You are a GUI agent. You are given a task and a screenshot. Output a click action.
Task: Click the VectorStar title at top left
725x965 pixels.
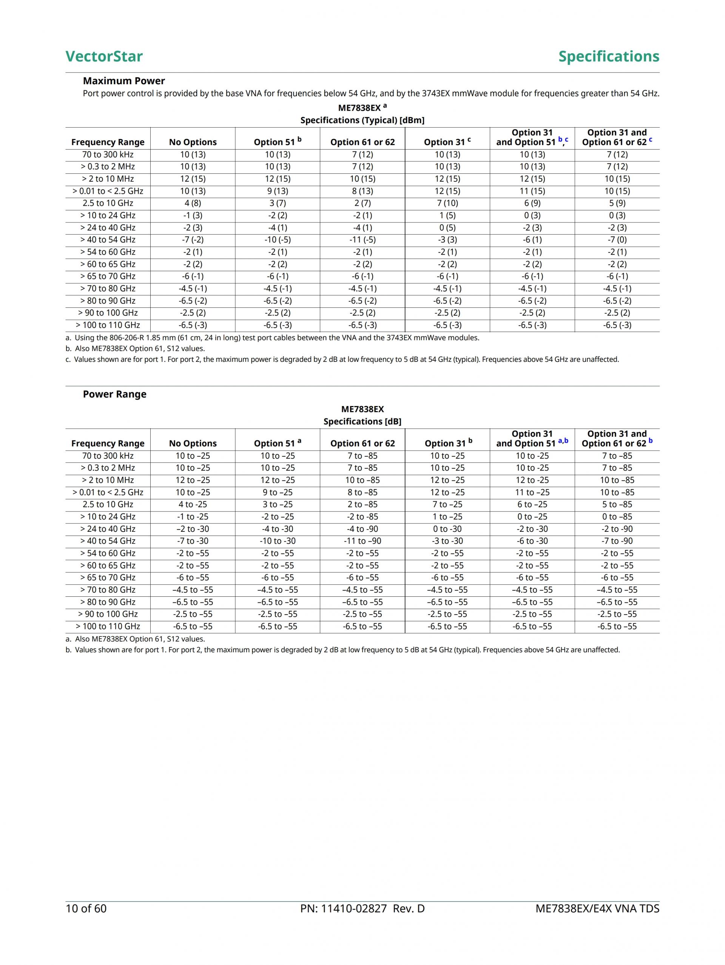104,56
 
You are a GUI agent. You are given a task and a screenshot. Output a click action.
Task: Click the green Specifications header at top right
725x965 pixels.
609,56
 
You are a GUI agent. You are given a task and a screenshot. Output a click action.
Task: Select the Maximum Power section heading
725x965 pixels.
124,81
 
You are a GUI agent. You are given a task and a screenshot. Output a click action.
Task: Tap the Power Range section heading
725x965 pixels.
114,394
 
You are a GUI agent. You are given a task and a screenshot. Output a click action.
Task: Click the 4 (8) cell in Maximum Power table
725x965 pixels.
193,203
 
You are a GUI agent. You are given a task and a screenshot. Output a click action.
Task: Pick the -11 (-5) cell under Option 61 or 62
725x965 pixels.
362,239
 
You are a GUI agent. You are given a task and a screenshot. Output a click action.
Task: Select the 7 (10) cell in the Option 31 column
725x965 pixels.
447,203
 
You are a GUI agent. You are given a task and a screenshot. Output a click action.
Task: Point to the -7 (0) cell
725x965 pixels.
617,239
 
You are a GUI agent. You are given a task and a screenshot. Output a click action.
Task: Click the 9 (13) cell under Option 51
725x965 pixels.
278,191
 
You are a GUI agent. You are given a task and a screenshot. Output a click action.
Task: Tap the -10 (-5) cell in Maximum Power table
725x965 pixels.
278,239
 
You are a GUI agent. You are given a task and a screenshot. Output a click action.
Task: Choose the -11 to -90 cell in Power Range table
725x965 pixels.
362,540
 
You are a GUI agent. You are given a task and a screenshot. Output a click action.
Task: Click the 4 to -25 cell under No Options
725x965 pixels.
193,504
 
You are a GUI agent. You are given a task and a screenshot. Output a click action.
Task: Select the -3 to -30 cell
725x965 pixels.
447,540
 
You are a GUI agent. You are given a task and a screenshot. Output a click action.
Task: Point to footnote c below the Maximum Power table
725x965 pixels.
342,359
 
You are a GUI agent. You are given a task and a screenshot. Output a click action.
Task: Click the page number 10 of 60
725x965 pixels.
86,908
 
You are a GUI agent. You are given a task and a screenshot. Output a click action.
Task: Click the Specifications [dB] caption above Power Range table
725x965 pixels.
362,421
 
